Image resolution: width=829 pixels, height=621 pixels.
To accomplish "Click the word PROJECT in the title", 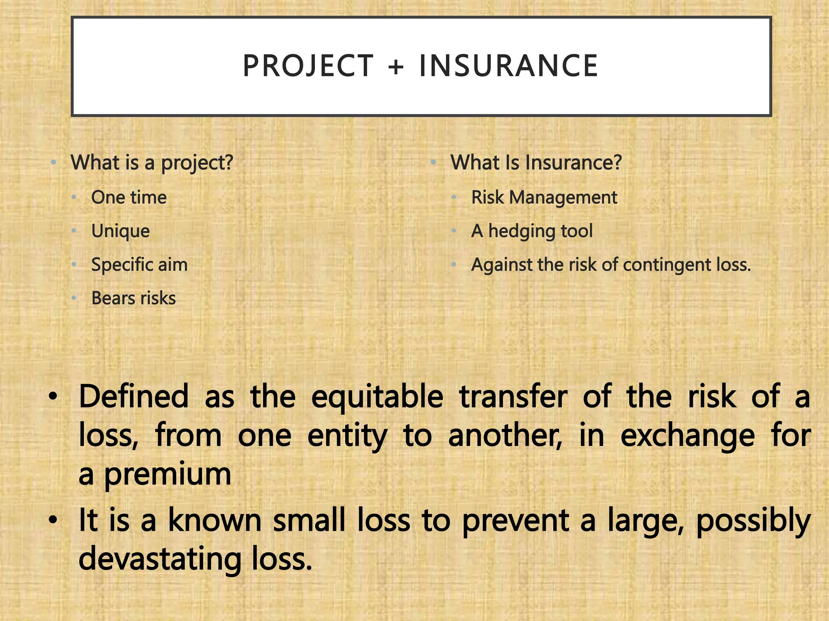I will tap(308, 66).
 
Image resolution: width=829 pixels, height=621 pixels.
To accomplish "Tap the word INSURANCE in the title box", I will tap(508, 66).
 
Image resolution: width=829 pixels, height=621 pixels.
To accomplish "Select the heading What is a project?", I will tap(152, 163).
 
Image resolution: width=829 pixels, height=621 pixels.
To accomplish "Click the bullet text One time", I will tap(129, 198).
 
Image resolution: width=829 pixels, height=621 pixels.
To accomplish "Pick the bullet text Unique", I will tap(120, 231).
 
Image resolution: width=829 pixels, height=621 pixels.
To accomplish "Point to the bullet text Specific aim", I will tap(139, 265).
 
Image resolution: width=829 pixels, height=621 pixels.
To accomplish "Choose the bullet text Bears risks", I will tap(134, 298).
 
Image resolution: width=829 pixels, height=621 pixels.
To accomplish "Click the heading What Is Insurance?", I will tap(536, 163).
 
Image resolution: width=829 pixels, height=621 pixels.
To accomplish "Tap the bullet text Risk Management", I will tap(544, 198).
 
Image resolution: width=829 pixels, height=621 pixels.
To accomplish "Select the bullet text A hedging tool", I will tap(532, 231).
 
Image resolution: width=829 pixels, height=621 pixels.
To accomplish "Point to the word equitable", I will tap(377, 397).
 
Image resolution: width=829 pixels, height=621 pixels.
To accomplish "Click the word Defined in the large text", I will tap(134, 396).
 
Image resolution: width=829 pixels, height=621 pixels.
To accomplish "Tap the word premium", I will tap(168, 475).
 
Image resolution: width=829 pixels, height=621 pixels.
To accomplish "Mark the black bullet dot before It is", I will tap(53, 520).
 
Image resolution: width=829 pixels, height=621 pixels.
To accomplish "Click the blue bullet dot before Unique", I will tap(74, 231).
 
